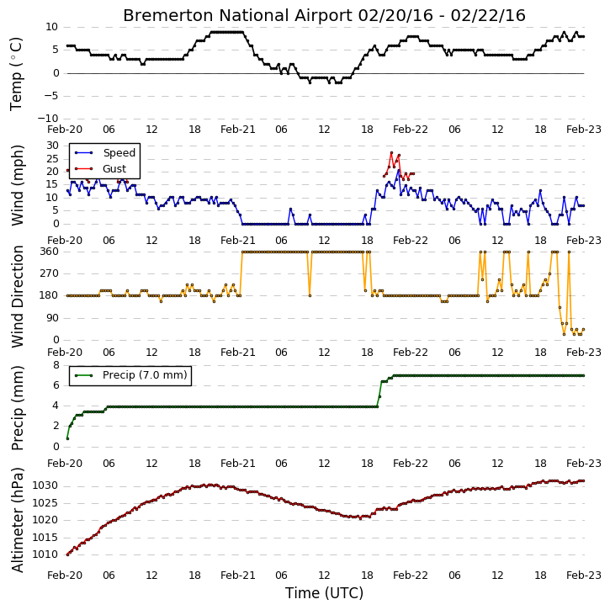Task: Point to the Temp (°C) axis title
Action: (x=16, y=74)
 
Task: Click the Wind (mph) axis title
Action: (x=17, y=185)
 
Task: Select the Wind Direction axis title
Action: (x=17, y=296)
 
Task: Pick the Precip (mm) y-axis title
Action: (x=17, y=408)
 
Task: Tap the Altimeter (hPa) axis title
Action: (x=17, y=520)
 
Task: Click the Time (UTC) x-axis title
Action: (x=324, y=593)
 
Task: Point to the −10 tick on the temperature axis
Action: (x=48, y=119)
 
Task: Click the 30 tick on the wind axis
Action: (x=52, y=146)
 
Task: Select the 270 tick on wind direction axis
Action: (x=50, y=273)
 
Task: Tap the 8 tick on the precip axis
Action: (x=56, y=365)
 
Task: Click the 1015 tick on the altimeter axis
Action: (x=45, y=538)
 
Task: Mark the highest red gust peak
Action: (x=391, y=153)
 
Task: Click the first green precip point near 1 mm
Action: (x=67, y=438)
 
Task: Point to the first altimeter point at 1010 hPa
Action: (x=67, y=554)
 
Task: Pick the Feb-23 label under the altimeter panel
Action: (x=584, y=576)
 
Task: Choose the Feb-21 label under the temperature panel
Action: (x=238, y=130)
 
